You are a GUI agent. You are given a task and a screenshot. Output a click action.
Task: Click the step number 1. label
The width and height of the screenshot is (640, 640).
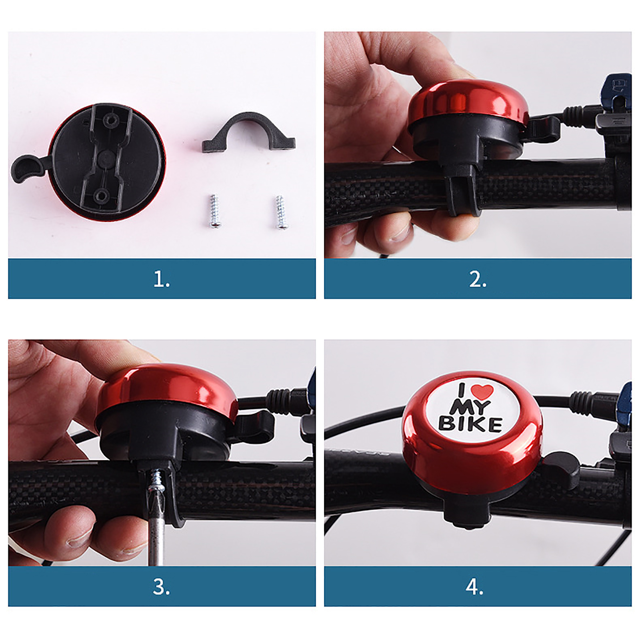162,279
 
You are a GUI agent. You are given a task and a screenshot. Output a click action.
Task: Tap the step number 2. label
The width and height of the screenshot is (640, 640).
478,279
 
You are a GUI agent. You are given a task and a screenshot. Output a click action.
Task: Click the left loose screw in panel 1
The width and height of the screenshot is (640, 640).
214,211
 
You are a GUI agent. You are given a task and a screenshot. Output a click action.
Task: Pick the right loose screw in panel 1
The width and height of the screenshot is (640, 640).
281,212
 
